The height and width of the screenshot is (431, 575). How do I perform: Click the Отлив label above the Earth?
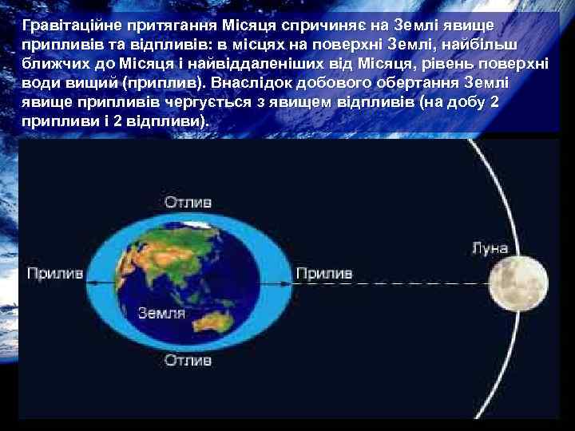188,202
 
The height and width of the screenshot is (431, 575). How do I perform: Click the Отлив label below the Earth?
188,360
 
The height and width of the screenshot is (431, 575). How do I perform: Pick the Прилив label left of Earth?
55,274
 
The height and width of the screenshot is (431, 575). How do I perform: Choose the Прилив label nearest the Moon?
324,274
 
